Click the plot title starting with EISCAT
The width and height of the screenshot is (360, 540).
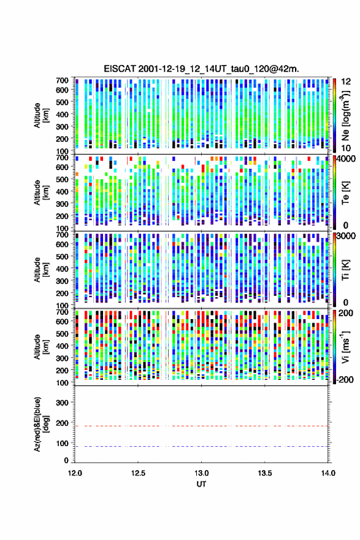[x=201, y=69]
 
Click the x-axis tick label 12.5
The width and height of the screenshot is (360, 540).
[x=138, y=473]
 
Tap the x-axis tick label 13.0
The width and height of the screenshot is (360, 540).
[x=201, y=473]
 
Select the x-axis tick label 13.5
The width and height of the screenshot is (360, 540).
[x=265, y=473]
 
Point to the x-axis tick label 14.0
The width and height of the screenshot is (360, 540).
[x=328, y=473]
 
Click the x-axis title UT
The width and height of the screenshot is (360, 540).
[x=201, y=484]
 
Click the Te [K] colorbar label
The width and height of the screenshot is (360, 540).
[x=345, y=193]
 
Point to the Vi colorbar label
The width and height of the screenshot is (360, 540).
[x=345, y=347]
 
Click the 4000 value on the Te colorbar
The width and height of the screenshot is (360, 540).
[x=346, y=159]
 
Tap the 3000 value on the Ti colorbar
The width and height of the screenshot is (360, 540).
[x=346, y=236]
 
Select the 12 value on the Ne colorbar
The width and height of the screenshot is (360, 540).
[x=346, y=82]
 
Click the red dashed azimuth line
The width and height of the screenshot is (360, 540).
[x=201, y=426]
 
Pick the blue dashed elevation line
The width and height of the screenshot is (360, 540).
[x=201, y=446]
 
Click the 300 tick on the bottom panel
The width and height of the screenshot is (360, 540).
[x=62, y=403]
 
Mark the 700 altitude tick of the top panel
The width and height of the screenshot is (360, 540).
[x=62, y=80]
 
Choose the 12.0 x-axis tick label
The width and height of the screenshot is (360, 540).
[x=75, y=473]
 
